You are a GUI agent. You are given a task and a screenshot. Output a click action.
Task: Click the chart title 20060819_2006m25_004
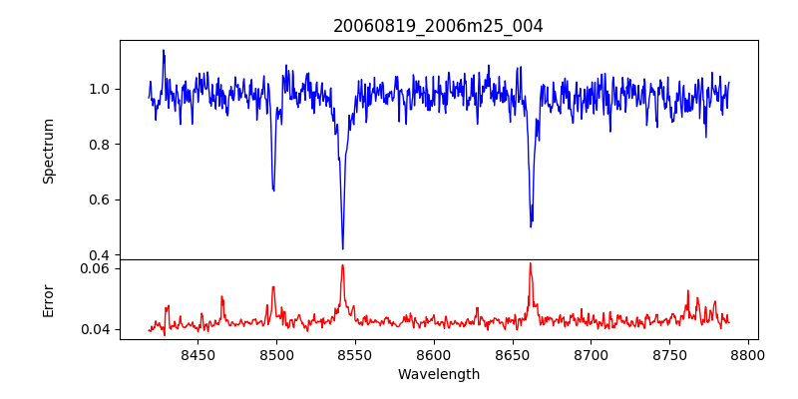coord(438,26)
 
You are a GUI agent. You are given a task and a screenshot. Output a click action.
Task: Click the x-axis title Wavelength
coord(438,374)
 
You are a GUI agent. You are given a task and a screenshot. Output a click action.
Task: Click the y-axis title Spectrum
coord(48,150)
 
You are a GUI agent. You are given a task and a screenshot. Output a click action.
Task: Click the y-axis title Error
coord(48,299)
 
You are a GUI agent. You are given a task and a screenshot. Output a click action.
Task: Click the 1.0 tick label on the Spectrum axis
coord(99,89)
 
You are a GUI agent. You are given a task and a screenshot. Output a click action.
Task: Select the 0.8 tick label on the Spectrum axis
coord(99,144)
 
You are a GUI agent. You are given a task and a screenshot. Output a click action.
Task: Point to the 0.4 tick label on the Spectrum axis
coord(99,254)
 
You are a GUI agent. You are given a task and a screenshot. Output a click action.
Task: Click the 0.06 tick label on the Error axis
coord(95,268)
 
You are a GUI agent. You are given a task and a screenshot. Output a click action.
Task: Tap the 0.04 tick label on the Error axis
coord(95,329)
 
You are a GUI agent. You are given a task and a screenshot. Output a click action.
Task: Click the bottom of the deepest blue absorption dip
coord(342,248)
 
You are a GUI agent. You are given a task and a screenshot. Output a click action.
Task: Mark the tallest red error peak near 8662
coord(531,263)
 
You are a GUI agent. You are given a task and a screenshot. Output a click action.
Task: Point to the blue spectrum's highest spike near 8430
coord(164,50)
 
